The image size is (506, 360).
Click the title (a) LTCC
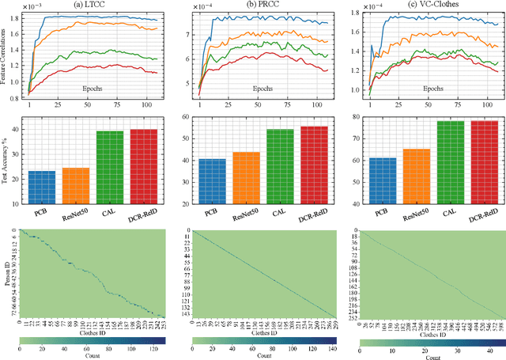90,6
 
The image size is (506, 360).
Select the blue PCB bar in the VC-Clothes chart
379,176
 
